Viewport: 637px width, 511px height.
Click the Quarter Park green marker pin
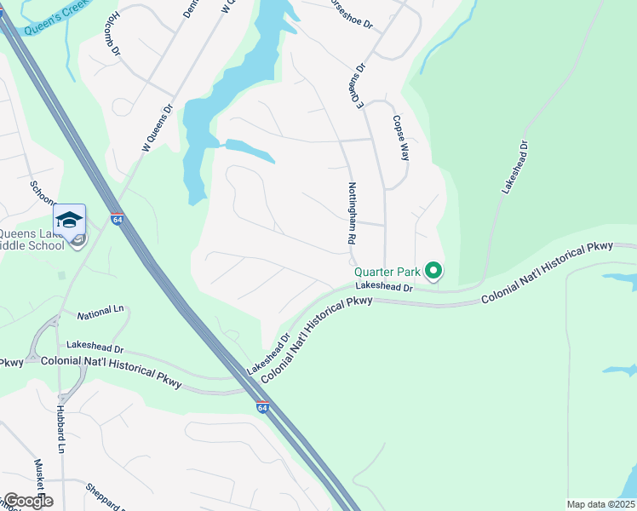[x=433, y=272]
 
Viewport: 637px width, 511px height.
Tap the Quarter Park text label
[x=388, y=273]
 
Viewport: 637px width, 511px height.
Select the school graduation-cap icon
[x=69, y=221]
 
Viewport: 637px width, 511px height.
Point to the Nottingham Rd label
[x=351, y=213]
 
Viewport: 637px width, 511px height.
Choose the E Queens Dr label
[x=355, y=83]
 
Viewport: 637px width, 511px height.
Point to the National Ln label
[x=100, y=314]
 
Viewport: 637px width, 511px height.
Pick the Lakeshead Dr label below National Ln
[x=95, y=347]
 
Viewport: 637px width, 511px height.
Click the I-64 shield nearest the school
[x=117, y=219]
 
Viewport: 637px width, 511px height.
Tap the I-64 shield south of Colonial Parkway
[x=263, y=408]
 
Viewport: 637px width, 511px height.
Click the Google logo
[x=27, y=501]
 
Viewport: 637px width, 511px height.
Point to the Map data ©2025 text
[x=600, y=504]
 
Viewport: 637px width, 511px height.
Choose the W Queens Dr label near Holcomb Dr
[x=157, y=129]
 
